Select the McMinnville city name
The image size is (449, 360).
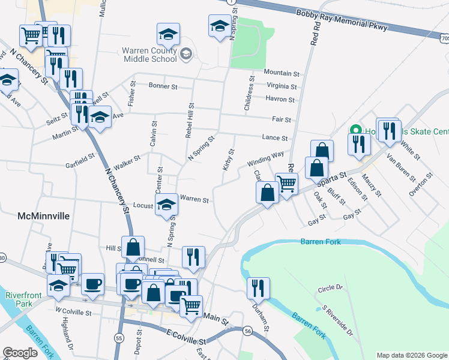(44, 215)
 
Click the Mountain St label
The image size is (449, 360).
(281, 73)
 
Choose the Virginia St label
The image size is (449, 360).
(282, 86)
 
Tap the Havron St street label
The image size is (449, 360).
(280, 100)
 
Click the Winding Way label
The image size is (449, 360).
(265, 159)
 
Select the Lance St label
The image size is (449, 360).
(275, 138)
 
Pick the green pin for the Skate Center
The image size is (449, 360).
(355, 130)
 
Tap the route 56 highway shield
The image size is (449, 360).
(247, 331)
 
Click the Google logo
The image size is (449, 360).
(20, 353)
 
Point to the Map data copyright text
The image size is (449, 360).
(411, 355)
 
